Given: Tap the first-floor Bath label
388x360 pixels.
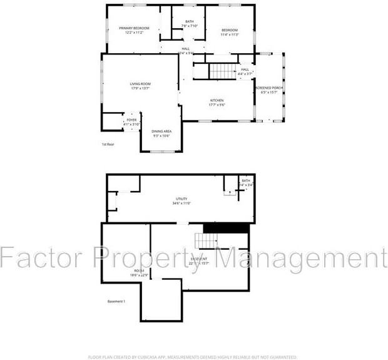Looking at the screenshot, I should [x=189, y=23].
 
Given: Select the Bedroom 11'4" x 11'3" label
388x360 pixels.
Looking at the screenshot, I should [x=230, y=31].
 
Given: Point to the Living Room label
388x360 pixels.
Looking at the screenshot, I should [x=140, y=84].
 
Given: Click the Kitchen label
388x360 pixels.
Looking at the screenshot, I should [x=217, y=100].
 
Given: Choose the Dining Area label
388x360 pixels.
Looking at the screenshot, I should [x=161, y=131].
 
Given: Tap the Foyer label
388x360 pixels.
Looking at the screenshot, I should [x=131, y=120].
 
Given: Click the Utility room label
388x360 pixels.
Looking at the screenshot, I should [x=181, y=199].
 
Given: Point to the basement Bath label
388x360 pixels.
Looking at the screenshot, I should [x=246, y=180].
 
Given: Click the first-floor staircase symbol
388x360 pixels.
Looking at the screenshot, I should [x=220, y=71].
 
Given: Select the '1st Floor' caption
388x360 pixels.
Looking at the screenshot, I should [x=108, y=145].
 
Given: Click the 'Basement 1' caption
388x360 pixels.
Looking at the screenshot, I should [x=116, y=302].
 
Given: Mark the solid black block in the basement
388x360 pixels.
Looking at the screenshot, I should [x=226, y=229].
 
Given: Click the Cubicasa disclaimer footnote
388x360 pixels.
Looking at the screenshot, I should [x=193, y=357].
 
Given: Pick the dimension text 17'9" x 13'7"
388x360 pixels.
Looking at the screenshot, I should [x=140, y=88].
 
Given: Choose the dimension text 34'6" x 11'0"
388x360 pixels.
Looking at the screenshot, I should [x=181, y=203].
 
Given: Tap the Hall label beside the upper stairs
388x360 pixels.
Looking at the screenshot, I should [x=245, y=69].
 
